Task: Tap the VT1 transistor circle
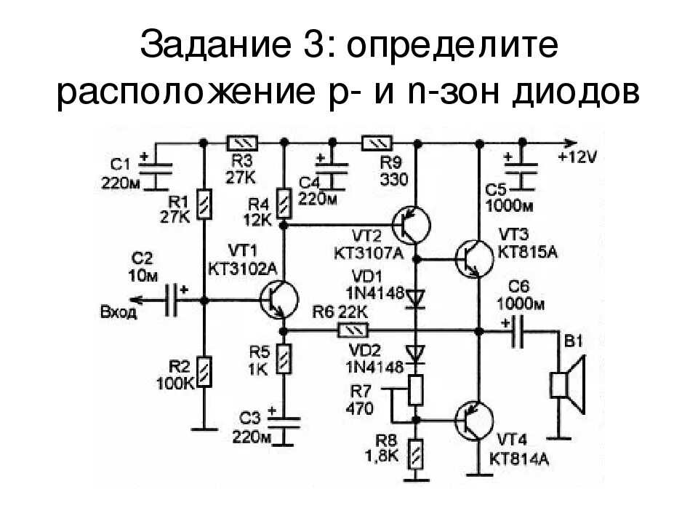coord(278,300)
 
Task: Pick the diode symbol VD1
coord(417,297)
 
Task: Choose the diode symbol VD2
coord(417,354)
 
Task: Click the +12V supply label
coord(577,156)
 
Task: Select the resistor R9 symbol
coord(378,143)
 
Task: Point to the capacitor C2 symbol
coord(172,300)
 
